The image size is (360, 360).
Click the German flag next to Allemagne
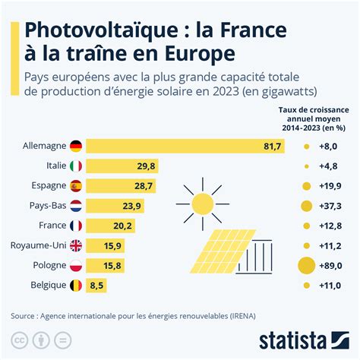pyautogui.click(x=75, y=146)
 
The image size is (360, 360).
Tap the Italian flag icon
pyautogui.click(x=75, y=166)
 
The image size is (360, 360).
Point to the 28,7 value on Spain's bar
pyautogui.click(x=144, y=185)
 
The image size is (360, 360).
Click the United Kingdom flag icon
pyautogui.click(x=75, y=245)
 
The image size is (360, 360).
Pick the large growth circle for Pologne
pyautogui.click(x=306, y=265)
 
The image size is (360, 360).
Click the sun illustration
pyautogui.click(x=202, y=203)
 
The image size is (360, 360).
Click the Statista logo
pyautogui.click(x=302, y=338)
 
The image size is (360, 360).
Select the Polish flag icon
pyautogui.click(x=75, y=265)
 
